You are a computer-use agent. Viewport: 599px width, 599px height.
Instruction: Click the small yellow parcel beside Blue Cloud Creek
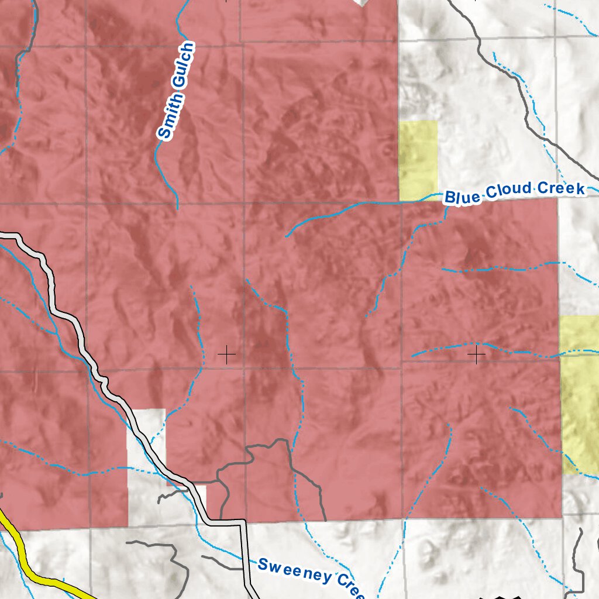pos(418,159)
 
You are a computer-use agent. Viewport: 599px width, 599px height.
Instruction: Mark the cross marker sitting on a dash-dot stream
pos(477,354)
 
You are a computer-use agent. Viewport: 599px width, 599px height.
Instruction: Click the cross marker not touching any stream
pos(226,354)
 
